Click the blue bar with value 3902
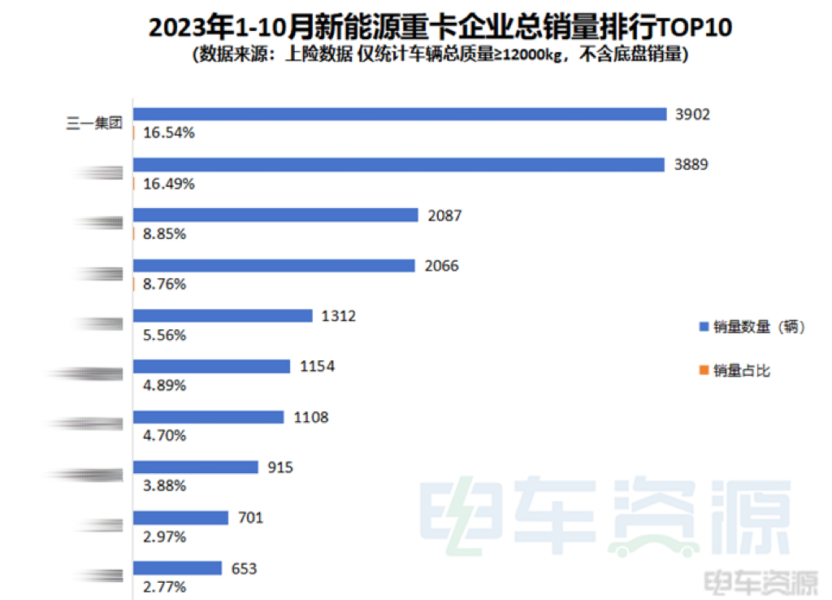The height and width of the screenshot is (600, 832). coord(400,115)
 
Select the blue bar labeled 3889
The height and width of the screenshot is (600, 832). coord(400,165)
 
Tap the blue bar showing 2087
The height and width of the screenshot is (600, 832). coord(275,215)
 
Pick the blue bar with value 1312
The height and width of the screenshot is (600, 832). coord(223,315)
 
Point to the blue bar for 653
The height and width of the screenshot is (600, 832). coord(177,568)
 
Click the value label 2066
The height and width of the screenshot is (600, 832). coord(442,266)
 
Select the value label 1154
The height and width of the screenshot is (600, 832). coord(317,367)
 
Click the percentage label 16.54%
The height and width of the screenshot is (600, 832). coord(168,133)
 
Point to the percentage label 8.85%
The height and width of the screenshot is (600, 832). coord(164,233)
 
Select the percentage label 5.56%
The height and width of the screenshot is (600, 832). coord(164,334)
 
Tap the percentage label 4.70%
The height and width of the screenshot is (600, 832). coord(164,435)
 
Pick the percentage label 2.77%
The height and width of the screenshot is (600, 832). coord(164,586)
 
